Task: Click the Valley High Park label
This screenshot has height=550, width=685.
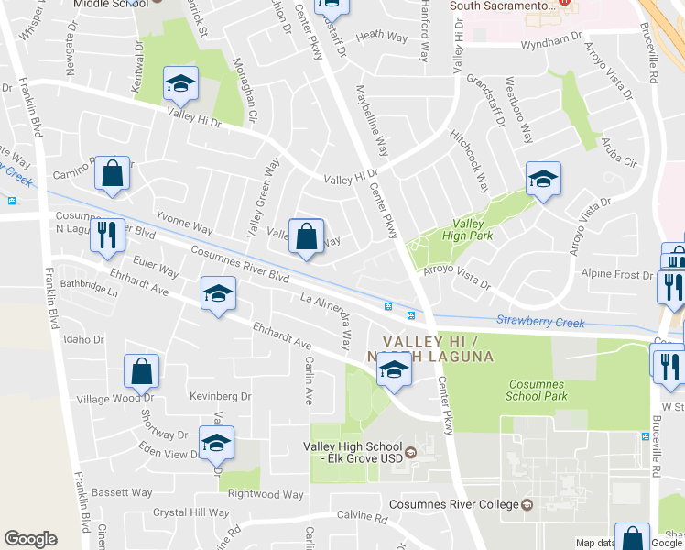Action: pos(467,229)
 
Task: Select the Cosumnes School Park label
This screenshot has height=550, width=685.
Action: pos(537,390)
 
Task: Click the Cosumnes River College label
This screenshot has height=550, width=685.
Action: pos(455,505)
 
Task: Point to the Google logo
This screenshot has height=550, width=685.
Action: pos(30,539)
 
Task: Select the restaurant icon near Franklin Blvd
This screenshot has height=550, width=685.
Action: pos(107,236)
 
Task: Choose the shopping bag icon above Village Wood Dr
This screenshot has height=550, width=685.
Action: pos(142,371)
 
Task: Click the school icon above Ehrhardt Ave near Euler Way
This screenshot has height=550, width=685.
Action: pos(218,293)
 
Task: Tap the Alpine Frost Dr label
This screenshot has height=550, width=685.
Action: pos(617,274)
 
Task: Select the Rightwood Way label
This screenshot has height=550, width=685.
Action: pos(265,494)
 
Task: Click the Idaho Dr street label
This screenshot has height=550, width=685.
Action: pos(85,339)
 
